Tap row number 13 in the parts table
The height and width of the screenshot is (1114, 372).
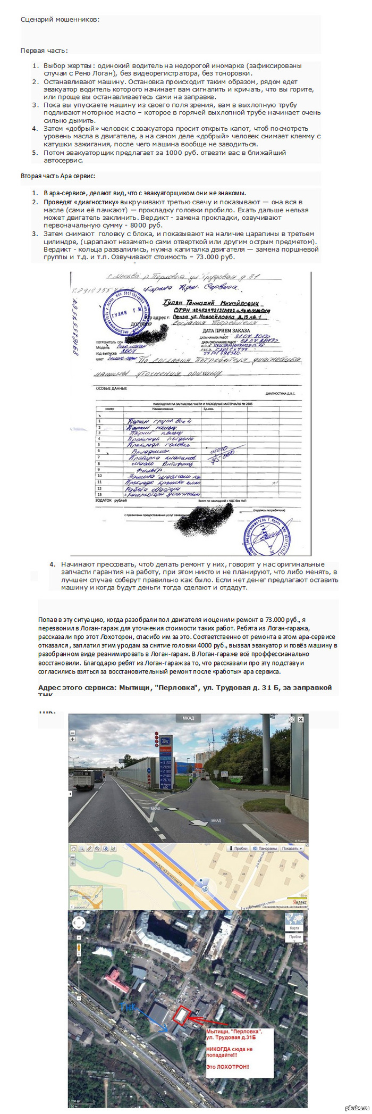(99, 494)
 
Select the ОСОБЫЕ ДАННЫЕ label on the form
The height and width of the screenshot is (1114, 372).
(111, 388)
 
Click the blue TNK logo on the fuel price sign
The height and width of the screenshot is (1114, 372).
(166, 739)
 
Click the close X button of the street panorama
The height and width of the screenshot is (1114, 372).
(300, 719)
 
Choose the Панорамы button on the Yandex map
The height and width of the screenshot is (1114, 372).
(265, 849)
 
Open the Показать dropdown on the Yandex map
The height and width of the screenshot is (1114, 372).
(292, 849)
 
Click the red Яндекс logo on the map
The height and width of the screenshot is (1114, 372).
(300, 902)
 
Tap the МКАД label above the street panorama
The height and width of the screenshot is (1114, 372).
(188, 718)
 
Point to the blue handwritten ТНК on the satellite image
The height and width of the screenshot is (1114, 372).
(129, 1007)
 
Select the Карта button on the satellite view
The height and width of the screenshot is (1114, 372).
(294, 928)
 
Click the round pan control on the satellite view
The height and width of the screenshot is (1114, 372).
(79, 922)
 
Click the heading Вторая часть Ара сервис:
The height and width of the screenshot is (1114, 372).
(58, 176)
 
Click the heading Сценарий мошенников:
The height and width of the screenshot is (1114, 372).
(60, 20)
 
